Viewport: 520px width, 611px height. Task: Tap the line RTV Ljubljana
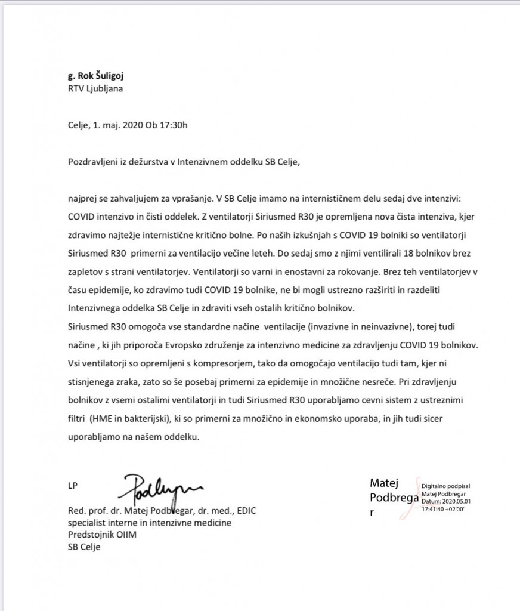(x=96, y=90)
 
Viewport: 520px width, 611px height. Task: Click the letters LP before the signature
(x=73, y=486)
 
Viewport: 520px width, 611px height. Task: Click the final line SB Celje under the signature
(x=84, y=546)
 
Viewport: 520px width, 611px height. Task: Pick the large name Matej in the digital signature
(x=384, y=483)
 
